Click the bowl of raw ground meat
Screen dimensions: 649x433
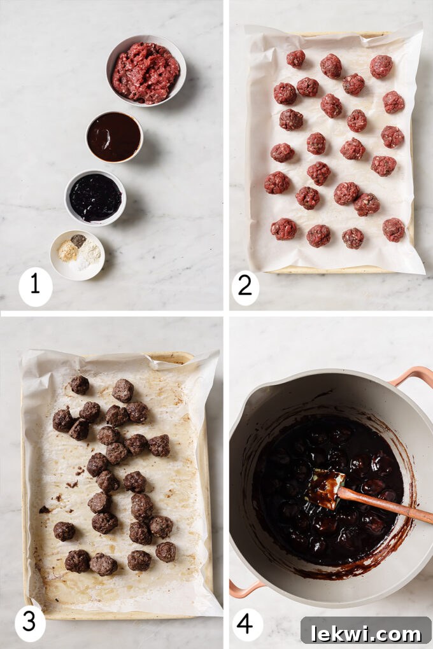pos(146,71)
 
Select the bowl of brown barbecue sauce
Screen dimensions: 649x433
pos(114,137)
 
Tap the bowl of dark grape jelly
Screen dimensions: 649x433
pos(96,197)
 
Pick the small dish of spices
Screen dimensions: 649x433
pos(77,255)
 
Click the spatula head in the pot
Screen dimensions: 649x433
pos(326,489)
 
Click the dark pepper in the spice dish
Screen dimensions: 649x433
pos(78,241)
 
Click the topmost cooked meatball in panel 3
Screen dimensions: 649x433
pos(79,384)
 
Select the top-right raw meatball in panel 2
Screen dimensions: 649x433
pos(381,66)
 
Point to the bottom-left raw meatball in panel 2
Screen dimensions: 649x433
pos(283,228)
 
